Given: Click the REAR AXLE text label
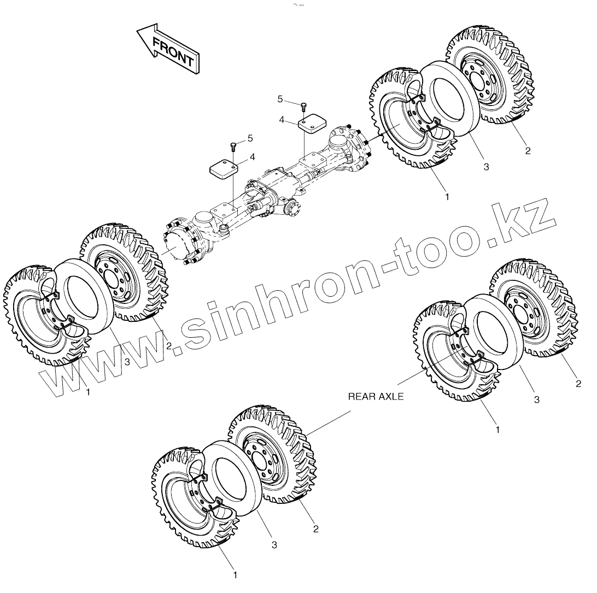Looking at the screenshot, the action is pos(376,397).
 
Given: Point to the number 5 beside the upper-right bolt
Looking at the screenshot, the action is pos(280,99).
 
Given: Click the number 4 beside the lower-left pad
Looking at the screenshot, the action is pos(252,157).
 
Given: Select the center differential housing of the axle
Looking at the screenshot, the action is pos(268,197).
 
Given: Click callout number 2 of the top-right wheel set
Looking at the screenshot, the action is pos(528,151).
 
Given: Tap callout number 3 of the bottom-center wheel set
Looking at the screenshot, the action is pos(274,544).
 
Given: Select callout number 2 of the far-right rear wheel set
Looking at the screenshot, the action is pos(578,384).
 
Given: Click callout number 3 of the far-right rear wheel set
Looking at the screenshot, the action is pos(536,400).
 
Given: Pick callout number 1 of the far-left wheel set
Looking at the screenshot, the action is pos(87,391).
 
